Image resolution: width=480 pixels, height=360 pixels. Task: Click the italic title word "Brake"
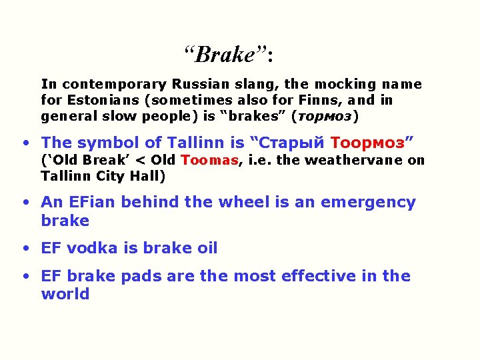tap(223, 54)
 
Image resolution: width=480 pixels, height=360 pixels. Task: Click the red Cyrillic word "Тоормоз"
tap(367, 143)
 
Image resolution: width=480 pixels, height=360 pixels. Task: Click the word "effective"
tap(314, 277)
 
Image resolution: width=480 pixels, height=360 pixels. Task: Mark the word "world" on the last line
tap(65, 294)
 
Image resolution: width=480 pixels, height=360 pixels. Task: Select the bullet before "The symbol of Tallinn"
tap(25, 143)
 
